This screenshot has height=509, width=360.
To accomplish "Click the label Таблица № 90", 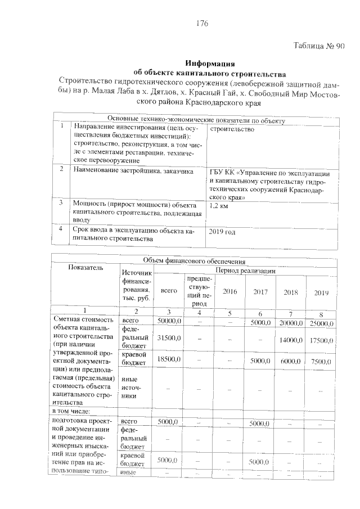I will [319, 47].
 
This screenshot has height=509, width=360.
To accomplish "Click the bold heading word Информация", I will [209, 63].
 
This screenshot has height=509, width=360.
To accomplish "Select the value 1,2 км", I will [218, 206].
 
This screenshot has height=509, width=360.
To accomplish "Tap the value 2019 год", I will [222, 232].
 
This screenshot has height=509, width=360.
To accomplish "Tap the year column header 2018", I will [290, 293].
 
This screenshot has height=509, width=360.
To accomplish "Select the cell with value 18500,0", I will [169, 359].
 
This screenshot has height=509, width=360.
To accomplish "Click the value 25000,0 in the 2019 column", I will [322, 323].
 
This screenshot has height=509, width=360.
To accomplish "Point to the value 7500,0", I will [322, 362].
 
